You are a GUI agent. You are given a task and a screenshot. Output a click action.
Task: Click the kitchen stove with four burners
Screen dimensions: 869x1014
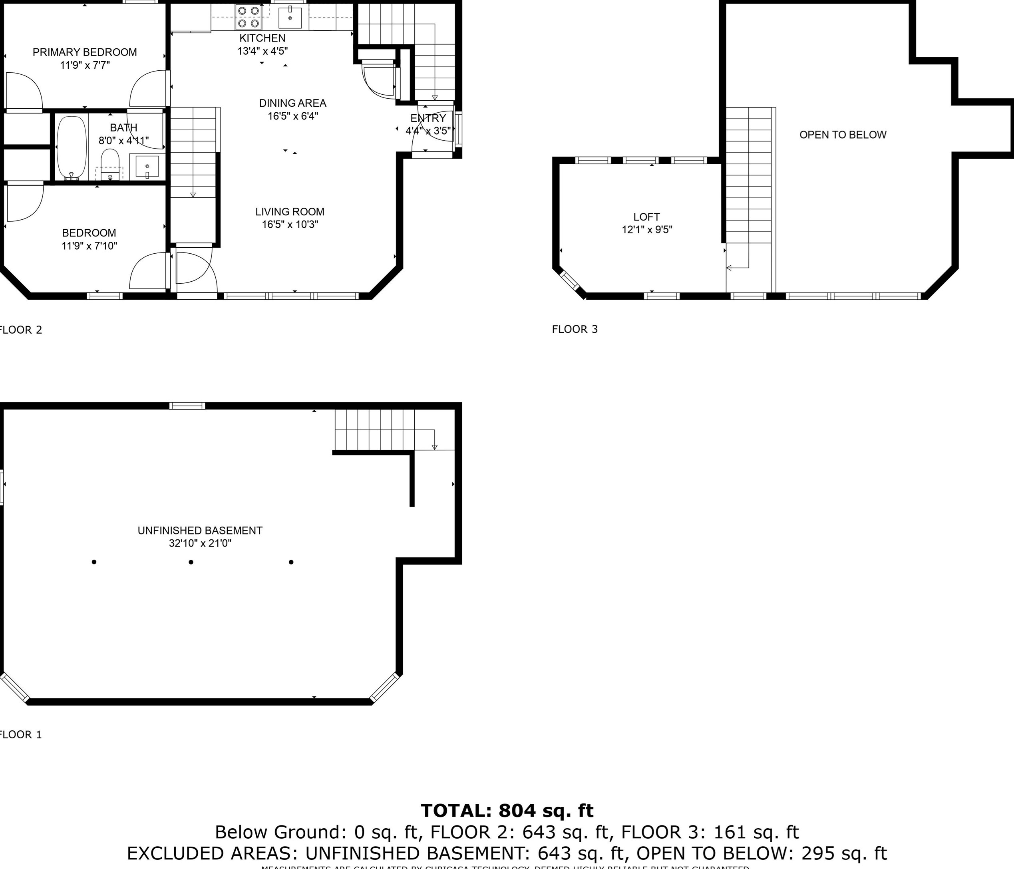pyautogui.click(x=248, y=16)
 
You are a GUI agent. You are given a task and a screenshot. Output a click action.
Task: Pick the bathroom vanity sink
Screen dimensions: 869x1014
pyautogui.click(x=147, y=168)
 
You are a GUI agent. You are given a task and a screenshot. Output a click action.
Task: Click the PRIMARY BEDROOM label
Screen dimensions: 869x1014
pyautogui.click(x=85, y=52)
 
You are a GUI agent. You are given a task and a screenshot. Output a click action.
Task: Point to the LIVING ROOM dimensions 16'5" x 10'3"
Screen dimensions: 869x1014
pyautogui.click(x=290, y=225)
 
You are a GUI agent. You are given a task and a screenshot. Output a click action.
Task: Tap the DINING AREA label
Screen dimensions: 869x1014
pyautogui.click(x=292, y=103)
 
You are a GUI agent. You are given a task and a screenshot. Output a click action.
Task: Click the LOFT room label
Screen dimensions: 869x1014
pyautogui.click(x=646, y=217)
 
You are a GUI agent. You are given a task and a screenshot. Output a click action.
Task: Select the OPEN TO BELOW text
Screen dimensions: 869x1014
pyautogui.click(x=843, y=135)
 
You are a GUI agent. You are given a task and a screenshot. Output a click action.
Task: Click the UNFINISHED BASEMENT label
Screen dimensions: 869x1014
pyautogui.click(x=200, y=531)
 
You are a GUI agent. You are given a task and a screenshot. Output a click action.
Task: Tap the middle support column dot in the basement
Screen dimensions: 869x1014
pyautogui.click(x=191, y=562)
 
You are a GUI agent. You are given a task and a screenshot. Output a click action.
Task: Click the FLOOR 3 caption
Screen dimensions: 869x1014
pyautogui.click(x=575, y=329)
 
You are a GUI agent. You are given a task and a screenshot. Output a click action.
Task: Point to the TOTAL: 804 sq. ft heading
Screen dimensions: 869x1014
pyautogui.click(x=507, y=811)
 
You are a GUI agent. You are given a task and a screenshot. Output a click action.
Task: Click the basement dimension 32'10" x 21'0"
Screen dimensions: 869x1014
pyautogui.click(x=200, y=543)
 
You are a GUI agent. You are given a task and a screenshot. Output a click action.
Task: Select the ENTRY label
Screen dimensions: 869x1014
pyautogui.click(x=428, y=118)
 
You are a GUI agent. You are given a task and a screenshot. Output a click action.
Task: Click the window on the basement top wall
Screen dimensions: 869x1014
pyautogui.click(x=187, y=406)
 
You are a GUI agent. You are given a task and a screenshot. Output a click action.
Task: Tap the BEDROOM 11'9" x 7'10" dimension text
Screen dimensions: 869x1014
pyautogui.click(x=89, y=246)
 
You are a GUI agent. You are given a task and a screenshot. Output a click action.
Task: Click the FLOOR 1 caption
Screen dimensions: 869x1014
pyautogui.click(x=20, y=734)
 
